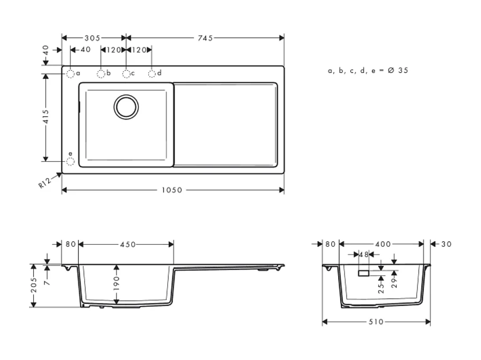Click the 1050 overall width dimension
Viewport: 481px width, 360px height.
click(x=172, y=190)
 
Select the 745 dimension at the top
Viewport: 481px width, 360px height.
click(x=205, y=38)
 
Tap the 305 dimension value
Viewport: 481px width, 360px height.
click(x=93, y=38)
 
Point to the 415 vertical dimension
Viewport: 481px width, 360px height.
click(x=46, y=116)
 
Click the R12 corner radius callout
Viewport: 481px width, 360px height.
click(x=44, y=183)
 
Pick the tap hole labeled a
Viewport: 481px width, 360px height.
click(x=70, y=74)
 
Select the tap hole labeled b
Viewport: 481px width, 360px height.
click(x=101, y=74)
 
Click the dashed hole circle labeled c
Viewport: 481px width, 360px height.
click(x=126, y=74)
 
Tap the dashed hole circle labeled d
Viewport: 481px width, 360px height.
click(x=152, y=74)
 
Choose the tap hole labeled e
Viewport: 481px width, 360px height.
click(x=70, y=162)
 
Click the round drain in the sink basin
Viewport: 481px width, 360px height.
click(x=126, y=107)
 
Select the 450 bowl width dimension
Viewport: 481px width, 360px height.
click(x=127, y=244)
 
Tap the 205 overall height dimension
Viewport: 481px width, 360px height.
click(x=34, y=285)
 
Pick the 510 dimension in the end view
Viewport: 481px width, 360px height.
click(x=376, y=322)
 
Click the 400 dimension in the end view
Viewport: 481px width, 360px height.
click(x=383, y=244)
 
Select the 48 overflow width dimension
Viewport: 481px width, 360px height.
click(x=364, y=255)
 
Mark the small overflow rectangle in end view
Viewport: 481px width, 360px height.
click(x=364, y=273)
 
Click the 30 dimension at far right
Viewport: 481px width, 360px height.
click(x=446, y=244)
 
